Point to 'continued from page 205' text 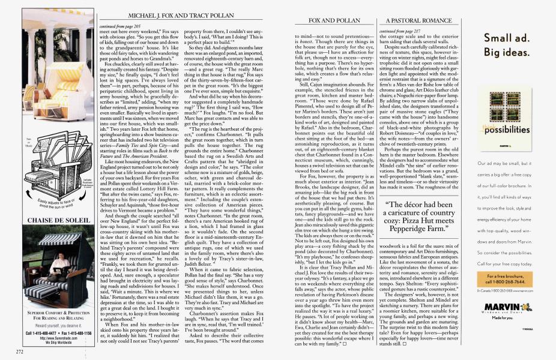[x=117, y=27]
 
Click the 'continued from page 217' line [x=397, y=30]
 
